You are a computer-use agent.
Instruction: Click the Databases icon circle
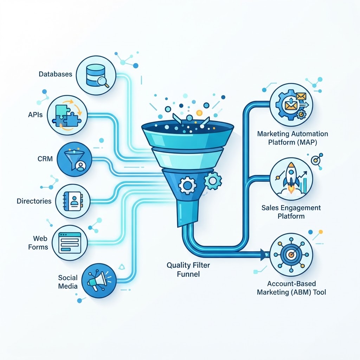coord(96,75)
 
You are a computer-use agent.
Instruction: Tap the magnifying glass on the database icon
coord(103,82)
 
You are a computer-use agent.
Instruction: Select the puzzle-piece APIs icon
coord(67,115)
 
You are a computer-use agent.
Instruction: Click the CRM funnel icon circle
coord(74,159)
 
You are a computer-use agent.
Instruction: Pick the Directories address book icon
coord(73,201)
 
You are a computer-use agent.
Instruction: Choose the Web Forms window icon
coord(70,243)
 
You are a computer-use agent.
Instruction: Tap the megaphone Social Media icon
coord(99,281)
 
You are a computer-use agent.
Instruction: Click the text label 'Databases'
coord(55,74)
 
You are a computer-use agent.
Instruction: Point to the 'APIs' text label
coord(36,115)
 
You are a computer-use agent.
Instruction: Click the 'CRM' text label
coord(45,159)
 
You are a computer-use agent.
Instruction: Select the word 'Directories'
coord(34,201)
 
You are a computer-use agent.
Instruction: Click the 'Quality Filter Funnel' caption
coord(188,270)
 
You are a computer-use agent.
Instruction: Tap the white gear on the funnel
coord(187,185)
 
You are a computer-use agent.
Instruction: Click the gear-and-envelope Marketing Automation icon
coord(291,105)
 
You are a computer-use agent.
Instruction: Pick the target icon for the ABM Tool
coord(291,255)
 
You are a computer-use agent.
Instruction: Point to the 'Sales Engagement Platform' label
coord(291,212)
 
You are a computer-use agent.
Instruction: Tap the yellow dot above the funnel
coord(199,112)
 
